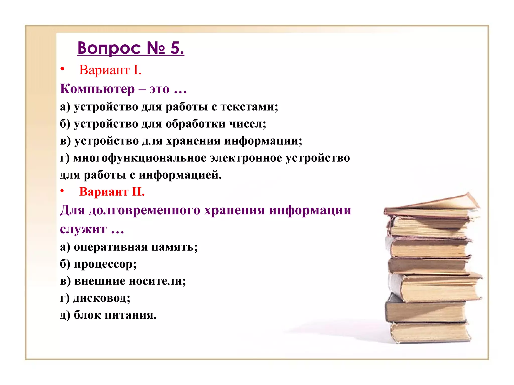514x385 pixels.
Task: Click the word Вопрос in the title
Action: tap(109, 48)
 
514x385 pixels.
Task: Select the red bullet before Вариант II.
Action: tap(62, 191)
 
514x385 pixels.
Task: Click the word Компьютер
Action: tap(97, 89)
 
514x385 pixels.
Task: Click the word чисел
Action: tap(247, 124)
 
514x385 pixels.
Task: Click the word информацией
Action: tap(180, 175)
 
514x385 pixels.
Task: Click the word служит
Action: tap(83, 229)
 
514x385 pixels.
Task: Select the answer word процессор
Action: tap(105, 264)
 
